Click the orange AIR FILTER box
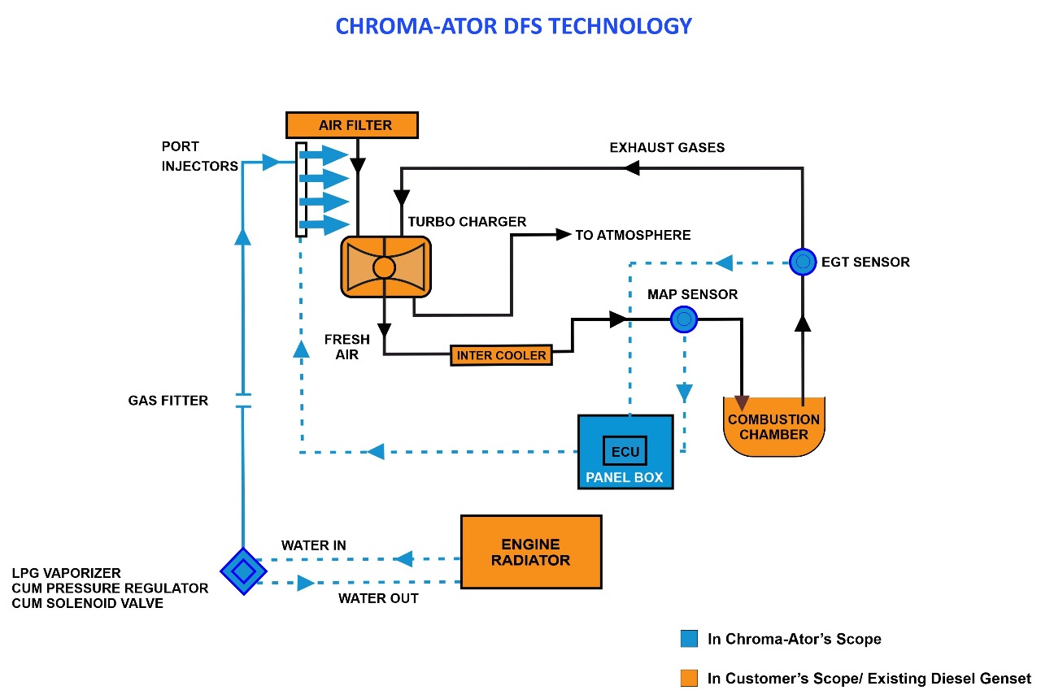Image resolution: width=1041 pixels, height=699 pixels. [x=351, y=125]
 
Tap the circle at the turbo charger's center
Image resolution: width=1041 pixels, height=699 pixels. [x=384, y=267]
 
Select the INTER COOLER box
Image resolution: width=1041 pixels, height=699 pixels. [x=501, y=355]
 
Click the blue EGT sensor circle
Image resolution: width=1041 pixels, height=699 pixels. [x=803, y=262]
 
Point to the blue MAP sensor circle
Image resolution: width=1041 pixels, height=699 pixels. [x=684, y=319]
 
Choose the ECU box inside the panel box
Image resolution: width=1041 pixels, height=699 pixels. [x=625, y=451]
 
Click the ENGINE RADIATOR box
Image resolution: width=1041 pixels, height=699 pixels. [x=531, y=552]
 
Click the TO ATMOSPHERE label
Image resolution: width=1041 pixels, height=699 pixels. [x=633, y=235]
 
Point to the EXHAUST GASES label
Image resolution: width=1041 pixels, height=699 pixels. [x=667, y=147]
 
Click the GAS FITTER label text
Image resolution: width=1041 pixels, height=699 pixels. [x=168, y=400]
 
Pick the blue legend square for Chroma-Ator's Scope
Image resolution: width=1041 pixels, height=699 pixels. [x=690, y=639]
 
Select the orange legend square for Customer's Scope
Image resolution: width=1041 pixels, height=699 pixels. [x=690, y=678]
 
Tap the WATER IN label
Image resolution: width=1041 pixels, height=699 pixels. [x=314, y=545]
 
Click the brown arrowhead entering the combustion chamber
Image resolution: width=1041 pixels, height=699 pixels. [x=742, y=402]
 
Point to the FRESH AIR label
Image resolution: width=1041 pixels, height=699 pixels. [x=346, y=347]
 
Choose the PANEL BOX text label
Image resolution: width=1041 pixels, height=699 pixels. [x=625, y=477]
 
